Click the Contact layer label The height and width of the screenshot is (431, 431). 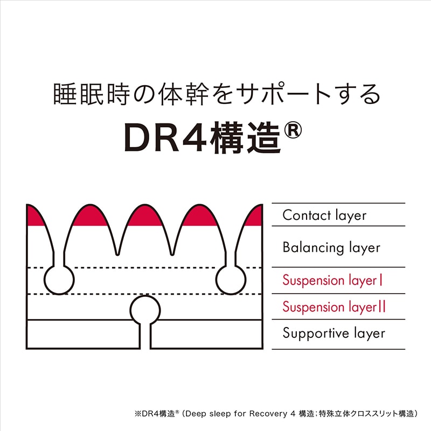[x=324, y=215]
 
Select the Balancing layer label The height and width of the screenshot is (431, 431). [x=331, y=248]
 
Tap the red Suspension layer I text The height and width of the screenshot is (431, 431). [x=333, y=281]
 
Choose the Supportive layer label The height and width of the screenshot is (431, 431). [x=334, y=333]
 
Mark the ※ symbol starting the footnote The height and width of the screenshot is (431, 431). [x=137, y=414]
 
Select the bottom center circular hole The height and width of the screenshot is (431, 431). [x=145, y=309]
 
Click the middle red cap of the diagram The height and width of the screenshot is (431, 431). [x=145, y=216]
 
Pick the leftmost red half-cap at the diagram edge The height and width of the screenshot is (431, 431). [x=34, y=216]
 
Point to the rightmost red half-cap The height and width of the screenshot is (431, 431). [x=254, y=217]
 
